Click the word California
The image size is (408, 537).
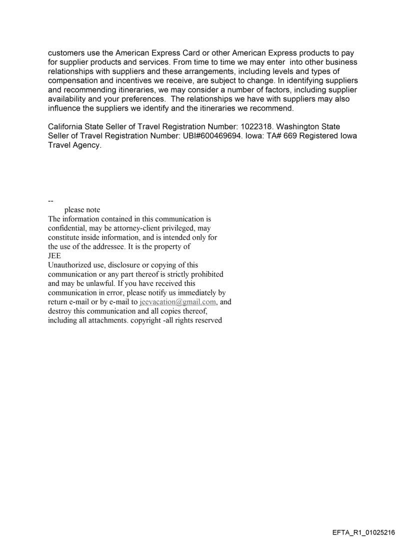click(67, 127)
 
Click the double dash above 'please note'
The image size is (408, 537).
click(50, 201)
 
